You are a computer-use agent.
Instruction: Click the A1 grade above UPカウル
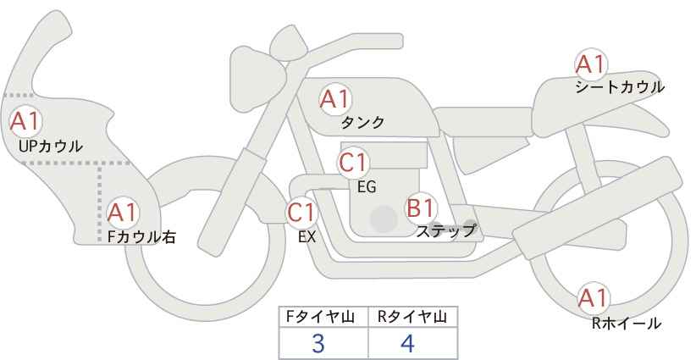point(25,121)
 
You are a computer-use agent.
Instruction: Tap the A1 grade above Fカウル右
point(123,213)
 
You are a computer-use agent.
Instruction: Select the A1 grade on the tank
point(335,99)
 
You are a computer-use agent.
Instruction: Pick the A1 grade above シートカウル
point(590,64)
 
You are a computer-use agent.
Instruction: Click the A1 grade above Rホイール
point(593,298)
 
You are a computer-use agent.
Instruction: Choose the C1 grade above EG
point(353,163)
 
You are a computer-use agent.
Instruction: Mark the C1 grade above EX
point(301,213)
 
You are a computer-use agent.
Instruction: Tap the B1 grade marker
point(420,208)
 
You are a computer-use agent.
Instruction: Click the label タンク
point(362,123)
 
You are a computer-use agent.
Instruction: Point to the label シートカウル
point(620,87)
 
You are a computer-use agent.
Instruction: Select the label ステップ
point(445,231)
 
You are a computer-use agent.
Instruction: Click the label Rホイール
point(627,324)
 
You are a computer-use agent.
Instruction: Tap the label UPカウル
point(51,146)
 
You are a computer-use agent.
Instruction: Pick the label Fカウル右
point(141,237)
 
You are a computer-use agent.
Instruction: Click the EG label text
point(367,187)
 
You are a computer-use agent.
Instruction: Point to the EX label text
point(307,237)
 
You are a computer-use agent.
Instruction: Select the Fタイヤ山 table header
point(320,317)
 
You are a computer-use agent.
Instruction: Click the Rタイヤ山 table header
point(412,317)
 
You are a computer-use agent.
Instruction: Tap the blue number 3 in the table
point(318,343)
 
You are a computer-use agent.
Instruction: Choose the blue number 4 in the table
point(407,343)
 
